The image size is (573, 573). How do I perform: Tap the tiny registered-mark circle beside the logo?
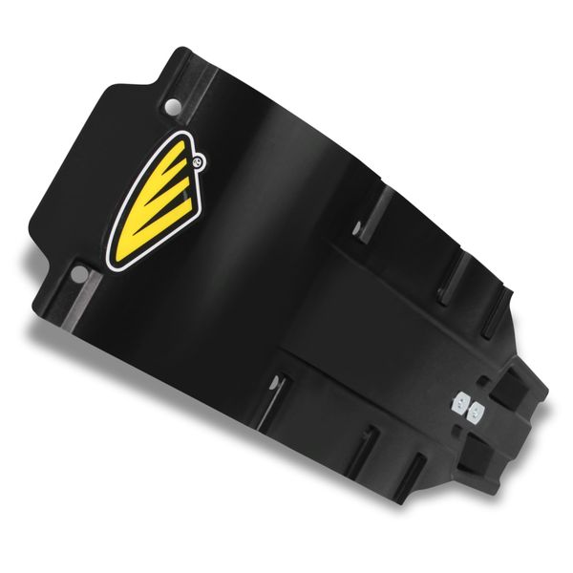198,162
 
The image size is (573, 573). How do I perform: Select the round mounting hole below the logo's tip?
80,274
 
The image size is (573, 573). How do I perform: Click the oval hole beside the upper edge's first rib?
358,228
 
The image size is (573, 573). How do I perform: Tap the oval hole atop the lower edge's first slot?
277,381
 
